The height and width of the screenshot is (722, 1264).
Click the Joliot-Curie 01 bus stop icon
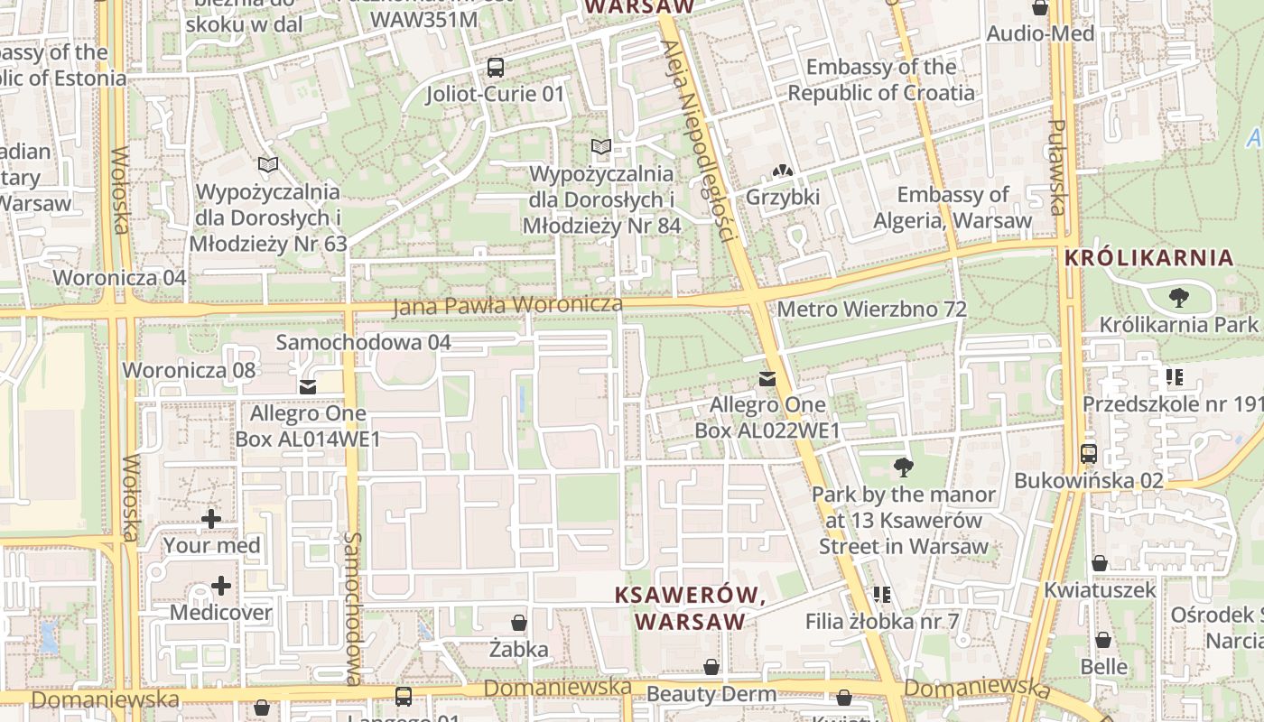[495, 67]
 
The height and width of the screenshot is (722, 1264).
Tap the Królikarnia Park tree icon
[1178, 297]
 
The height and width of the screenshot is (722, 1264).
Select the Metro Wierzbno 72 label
[871, 310]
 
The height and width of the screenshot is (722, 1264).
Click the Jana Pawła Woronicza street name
[507, 306]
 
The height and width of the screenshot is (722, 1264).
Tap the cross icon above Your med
[211, 519]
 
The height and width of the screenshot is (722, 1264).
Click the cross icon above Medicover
[221, 587]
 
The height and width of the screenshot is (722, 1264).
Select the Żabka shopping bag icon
[519, 623]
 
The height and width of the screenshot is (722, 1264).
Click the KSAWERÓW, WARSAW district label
[691, 608]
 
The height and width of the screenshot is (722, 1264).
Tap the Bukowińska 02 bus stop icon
[1089, 453]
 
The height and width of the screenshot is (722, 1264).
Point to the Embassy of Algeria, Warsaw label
[953, 208]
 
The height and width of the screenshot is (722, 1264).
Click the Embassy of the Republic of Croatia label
[881, 79]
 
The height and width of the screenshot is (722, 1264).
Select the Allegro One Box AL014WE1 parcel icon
[308, 387]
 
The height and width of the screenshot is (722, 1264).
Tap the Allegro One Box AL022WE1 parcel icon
[767, 379]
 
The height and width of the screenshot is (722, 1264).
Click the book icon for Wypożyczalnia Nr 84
[600, 147]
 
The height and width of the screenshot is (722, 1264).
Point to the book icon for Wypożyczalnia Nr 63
[267, 165]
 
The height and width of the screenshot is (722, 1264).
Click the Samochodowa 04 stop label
[363, 342]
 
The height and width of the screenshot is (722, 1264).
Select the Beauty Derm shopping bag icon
[711, 668]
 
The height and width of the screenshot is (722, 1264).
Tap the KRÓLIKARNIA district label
[1148, 257]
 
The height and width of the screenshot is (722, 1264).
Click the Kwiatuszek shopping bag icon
[1100, 564]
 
